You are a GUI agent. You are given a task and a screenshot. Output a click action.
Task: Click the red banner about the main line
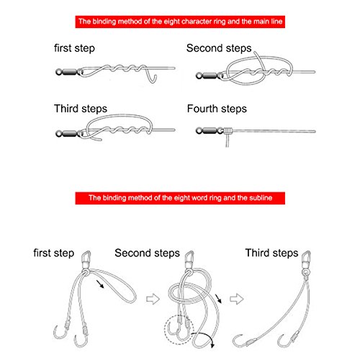click(x=180, y=22)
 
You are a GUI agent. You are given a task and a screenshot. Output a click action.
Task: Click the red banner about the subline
click(x=180, y=198)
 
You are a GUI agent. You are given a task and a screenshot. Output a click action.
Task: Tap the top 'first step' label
click(x=74, y=48)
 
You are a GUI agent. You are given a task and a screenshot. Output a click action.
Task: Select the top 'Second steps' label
click(x=219, y=48)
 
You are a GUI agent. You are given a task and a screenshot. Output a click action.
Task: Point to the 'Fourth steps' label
click(x=217, y=109)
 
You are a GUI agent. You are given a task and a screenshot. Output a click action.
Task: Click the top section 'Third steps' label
click(x=81, y=109)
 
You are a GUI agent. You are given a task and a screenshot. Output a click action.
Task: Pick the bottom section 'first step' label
click(x=54, y=253)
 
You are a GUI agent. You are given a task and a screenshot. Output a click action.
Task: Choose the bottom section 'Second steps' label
click(x=147, y=253)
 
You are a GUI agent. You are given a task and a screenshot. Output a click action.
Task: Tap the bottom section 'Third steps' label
click(x=271, y=253)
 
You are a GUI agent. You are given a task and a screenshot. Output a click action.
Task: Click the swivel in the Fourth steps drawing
click(x=210, y=131)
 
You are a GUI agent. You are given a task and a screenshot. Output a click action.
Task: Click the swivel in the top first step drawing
click(x=69, y=72)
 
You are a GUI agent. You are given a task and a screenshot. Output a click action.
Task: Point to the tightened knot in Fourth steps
click(x=228, y=131)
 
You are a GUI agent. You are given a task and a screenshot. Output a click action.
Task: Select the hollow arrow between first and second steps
click(x=153, y=299)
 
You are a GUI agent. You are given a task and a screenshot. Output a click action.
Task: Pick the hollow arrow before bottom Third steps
click(x=237, y=299)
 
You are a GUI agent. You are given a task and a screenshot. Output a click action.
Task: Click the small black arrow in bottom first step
click(x=100, y=284)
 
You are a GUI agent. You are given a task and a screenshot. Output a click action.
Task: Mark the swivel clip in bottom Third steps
click(x=306, y=261)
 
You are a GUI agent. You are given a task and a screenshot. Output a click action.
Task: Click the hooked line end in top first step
click(x=152, y=77)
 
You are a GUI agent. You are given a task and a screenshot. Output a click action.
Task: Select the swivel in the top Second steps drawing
click(x=210, y=76)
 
